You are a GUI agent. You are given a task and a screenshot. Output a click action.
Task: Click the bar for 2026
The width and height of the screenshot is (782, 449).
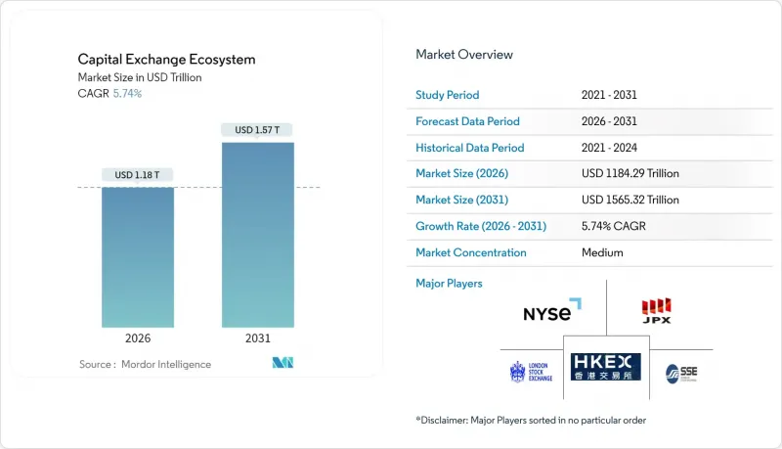138,256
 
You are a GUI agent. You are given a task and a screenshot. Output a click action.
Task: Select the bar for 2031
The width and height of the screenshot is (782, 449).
257,235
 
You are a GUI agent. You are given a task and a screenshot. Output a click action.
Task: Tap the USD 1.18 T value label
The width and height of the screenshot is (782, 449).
138,175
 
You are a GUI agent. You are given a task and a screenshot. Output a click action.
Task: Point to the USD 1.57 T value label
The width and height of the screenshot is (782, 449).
257,129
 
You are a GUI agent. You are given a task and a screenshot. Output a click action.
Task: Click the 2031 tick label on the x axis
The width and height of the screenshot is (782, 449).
257,337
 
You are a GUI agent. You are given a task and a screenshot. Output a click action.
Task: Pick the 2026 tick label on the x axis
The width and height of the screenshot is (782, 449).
138,337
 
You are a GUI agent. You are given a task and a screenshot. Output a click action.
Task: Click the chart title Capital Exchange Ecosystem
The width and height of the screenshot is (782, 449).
165,60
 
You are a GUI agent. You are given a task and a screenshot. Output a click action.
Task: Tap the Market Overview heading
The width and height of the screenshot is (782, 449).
464,54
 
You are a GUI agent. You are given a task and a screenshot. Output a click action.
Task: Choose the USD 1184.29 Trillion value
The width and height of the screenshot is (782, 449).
630,174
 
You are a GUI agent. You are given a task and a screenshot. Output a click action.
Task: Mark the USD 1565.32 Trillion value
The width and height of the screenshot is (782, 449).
630,200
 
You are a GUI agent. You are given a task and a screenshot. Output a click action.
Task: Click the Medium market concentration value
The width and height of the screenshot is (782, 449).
601,252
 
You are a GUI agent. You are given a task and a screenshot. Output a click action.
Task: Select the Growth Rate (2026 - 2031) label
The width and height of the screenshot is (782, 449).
482,226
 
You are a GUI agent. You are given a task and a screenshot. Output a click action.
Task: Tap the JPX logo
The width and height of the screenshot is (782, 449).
655,311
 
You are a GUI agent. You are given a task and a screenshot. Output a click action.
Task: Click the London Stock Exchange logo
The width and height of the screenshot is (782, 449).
531,372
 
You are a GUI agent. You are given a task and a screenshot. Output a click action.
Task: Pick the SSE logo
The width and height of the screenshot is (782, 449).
681,373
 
